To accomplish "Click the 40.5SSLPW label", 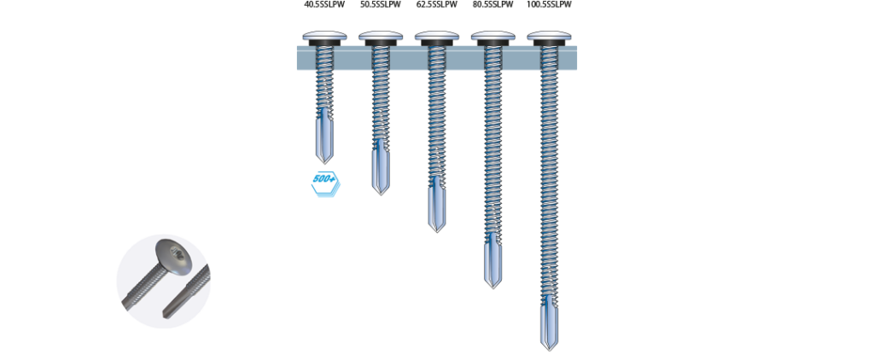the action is (x=324, y=4).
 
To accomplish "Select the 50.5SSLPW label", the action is (x=380, y=4).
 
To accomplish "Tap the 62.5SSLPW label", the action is (x=436, y=4).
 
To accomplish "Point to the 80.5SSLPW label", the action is (x=492, y=4).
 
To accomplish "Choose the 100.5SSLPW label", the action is (x=549, y=4).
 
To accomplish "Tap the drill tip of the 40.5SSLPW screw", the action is (x=325, y=161).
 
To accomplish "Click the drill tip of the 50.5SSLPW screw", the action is (x=381, y=192).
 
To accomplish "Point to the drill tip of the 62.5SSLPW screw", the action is (x=437, y=229).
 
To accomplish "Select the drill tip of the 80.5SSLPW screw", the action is (x=492, y=286).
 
